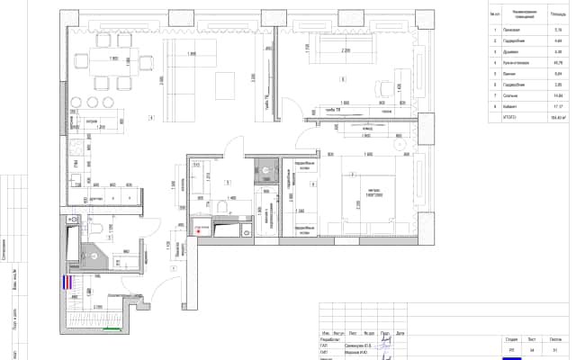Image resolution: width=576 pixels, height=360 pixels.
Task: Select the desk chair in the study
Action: pyautogui.click(x=377, y=87)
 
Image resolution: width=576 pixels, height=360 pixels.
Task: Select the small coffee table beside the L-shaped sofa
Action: pyautogui.click(x=227, y=87)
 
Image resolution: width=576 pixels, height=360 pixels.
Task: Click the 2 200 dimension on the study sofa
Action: pyautogui.click(x=346, y=51)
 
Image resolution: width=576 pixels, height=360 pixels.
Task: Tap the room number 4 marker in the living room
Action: pyautogui.click(x=152, y=118)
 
